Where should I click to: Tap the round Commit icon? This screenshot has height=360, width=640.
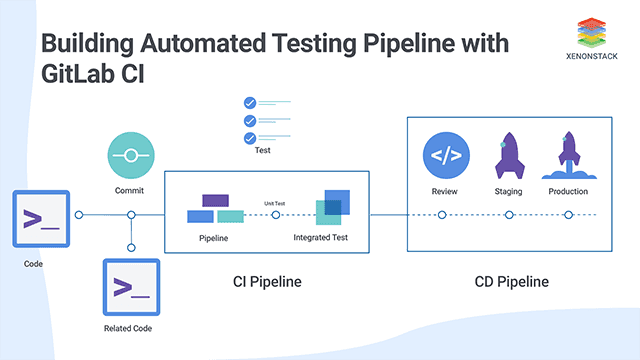(x=130, y=157)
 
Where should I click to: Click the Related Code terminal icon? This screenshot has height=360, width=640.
(x=131, y=287)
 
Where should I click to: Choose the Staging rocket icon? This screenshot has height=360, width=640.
(x=508, y=157)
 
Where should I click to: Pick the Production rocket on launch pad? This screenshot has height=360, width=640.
(x=568, y=157)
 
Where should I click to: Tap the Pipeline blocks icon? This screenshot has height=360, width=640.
(x=215, y=209)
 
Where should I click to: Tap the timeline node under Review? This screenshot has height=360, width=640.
(x=442, y=214)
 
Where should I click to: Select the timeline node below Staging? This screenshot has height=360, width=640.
(x=508, y=214)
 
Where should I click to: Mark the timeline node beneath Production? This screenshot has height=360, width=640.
(x=568, y=214)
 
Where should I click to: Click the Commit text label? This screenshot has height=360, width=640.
(x=130, y=190)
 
